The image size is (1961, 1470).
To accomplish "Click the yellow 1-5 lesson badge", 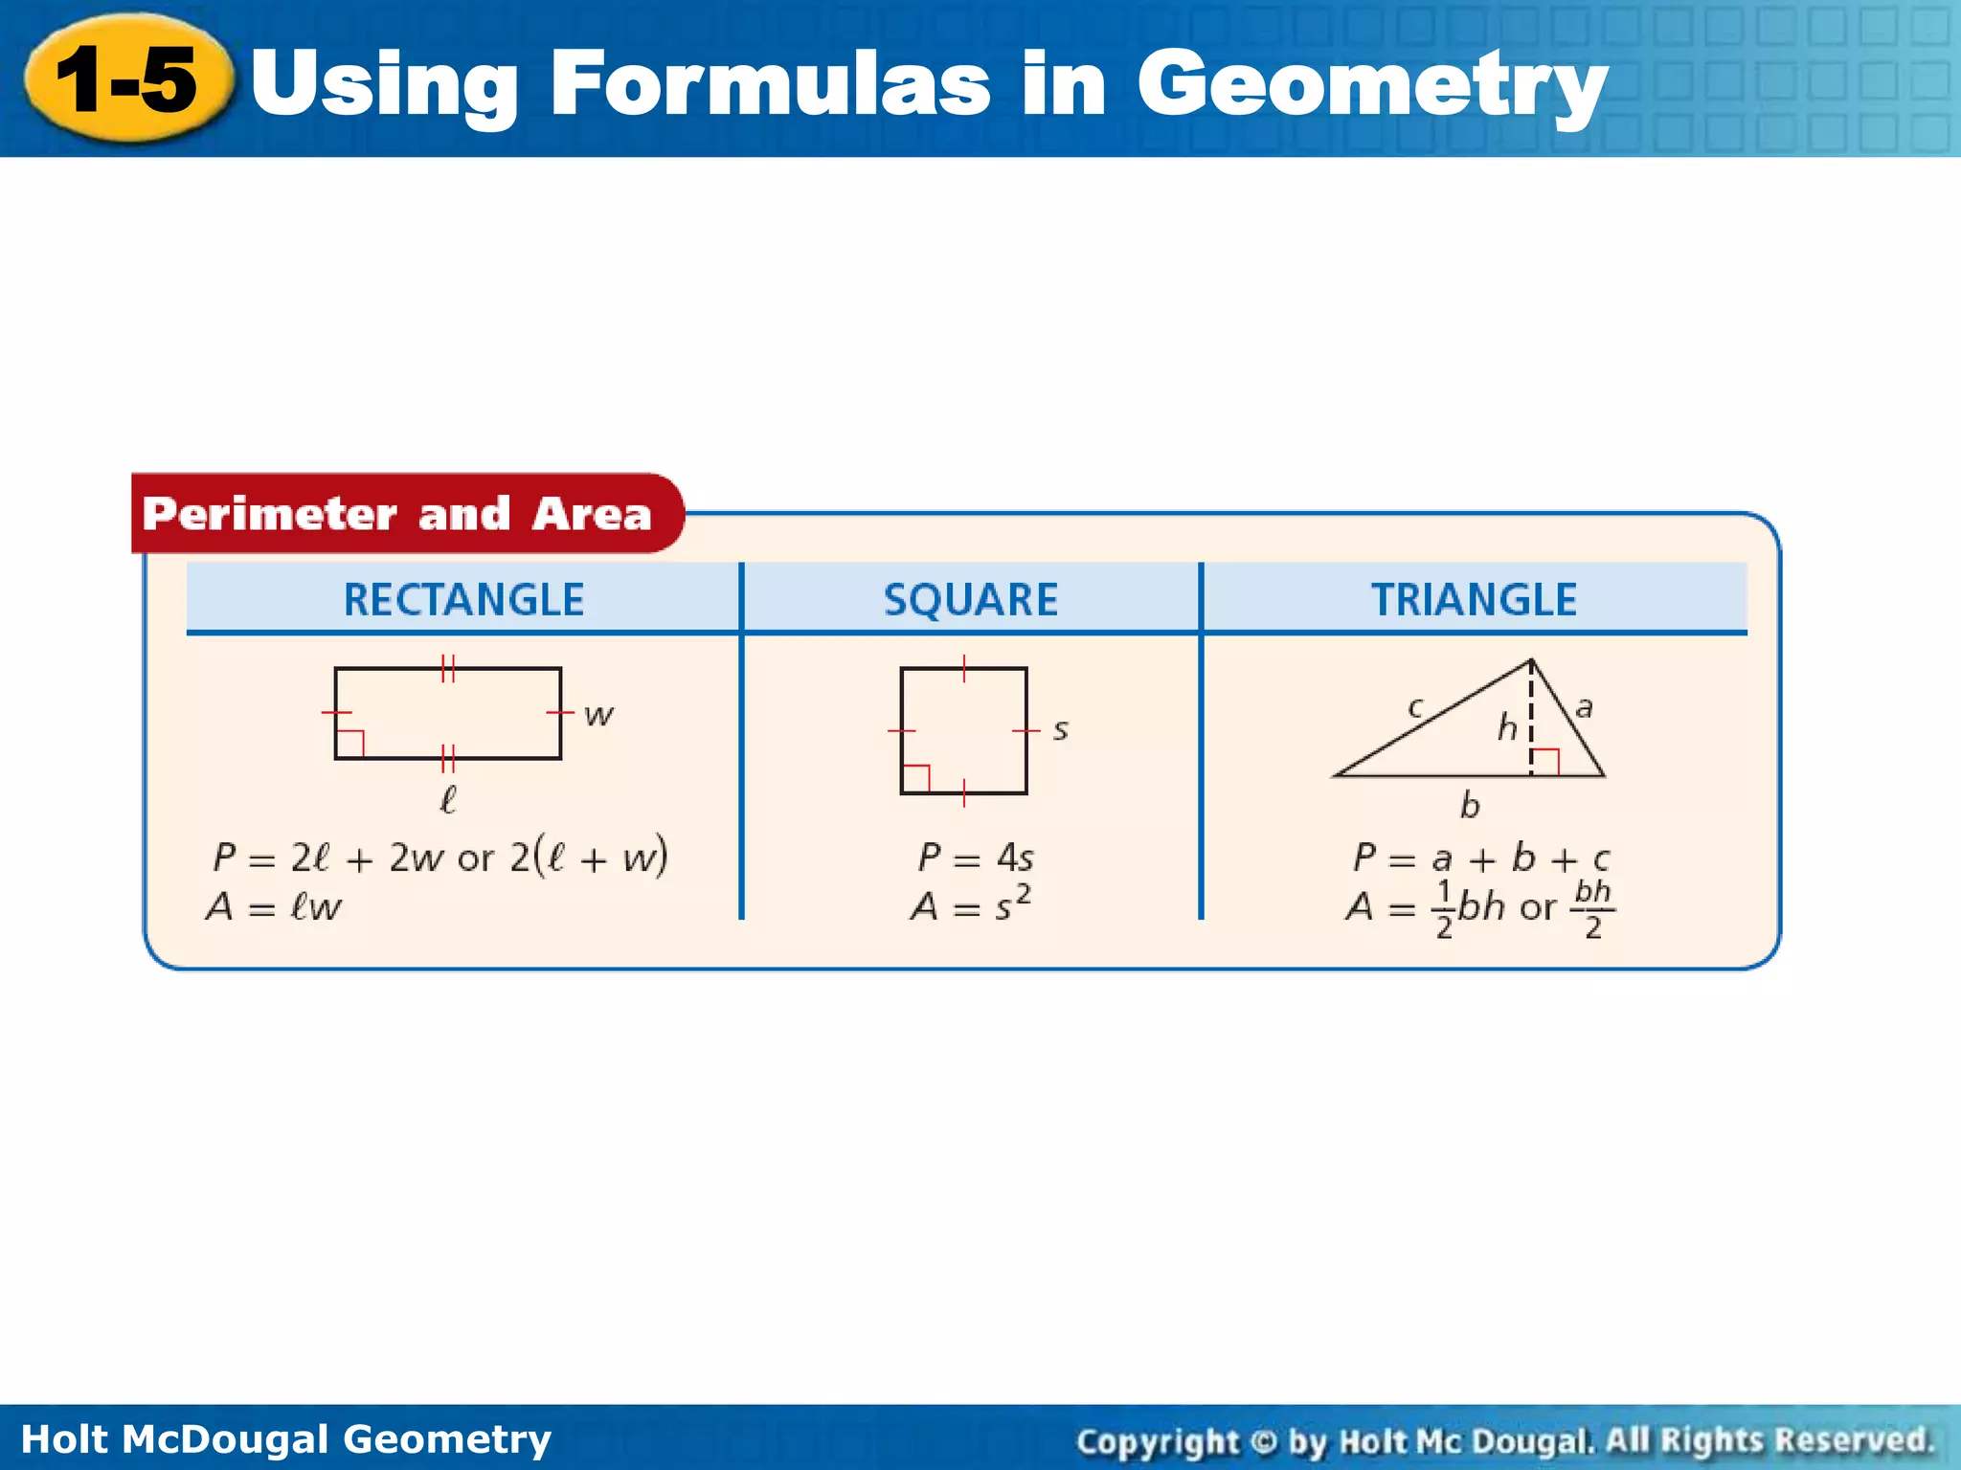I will (128, 80).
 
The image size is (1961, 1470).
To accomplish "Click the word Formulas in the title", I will (770, 84).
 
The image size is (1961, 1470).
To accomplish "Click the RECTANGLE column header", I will (463, 600).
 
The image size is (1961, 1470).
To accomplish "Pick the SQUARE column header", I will (971, 600).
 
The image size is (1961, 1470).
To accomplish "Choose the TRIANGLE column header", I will (1474, 600).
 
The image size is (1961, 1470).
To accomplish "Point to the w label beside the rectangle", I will (598, 715).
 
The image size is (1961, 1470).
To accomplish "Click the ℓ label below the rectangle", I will (447, 799).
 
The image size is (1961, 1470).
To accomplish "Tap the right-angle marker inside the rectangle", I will (350, 744).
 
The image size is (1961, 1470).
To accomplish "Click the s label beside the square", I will (1060, 730).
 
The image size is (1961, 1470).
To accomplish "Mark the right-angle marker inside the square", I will (916, 778).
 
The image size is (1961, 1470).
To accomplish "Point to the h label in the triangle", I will (1507, 727).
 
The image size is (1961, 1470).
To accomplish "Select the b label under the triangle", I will (1470, 806).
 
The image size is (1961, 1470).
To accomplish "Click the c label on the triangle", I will (1415, 707).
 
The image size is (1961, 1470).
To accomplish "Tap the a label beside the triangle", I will (1584, 707).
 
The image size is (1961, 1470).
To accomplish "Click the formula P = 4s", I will (976, 857).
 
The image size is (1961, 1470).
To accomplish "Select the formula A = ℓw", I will (274, 906).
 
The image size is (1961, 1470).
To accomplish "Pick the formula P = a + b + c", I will (1480, 857).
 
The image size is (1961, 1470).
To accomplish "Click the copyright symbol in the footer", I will (1264, 1441).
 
